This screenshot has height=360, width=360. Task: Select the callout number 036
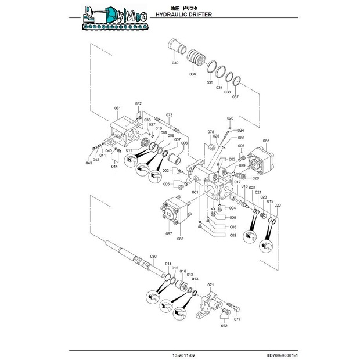pos(192,74)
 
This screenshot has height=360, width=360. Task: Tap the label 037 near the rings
pos(235,97)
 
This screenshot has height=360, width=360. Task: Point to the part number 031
pos(117,108)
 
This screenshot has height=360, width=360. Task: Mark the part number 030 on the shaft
pos(153,256)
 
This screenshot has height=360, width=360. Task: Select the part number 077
pos(237,319)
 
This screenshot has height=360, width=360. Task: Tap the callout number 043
pos(89,163)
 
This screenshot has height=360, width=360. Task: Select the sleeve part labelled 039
pos(175,49)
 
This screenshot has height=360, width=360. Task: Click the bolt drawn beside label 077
pos(235,307)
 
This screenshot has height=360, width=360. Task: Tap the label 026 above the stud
pos(229,118)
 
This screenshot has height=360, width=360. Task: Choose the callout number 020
pos(278,205)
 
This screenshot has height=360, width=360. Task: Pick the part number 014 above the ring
pos(167,264)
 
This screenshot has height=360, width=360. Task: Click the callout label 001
pos(195,192)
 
